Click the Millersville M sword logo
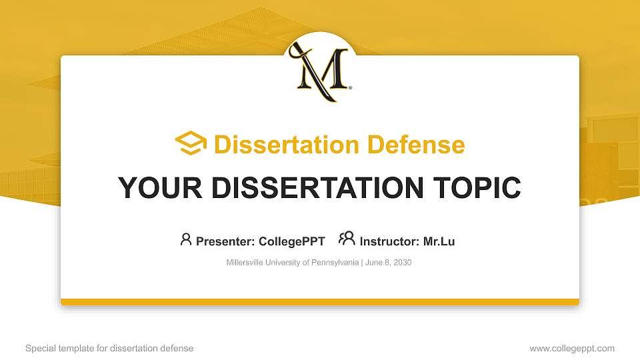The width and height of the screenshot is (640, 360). [x=321, y=69]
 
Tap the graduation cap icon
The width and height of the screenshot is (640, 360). [x=191, y=143]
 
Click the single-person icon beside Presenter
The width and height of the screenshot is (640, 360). [x=186, y=239]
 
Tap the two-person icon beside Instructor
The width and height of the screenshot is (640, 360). [x=347, y=239]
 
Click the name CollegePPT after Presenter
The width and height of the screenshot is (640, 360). [x=291, y=241]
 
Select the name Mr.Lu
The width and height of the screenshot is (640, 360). [x=439, y=241]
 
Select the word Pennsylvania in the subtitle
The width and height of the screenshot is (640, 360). [x=336, y=263]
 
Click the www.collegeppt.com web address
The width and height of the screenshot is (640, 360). [x=572, y=348]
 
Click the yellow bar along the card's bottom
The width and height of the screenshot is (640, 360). [x=320, y=302]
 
